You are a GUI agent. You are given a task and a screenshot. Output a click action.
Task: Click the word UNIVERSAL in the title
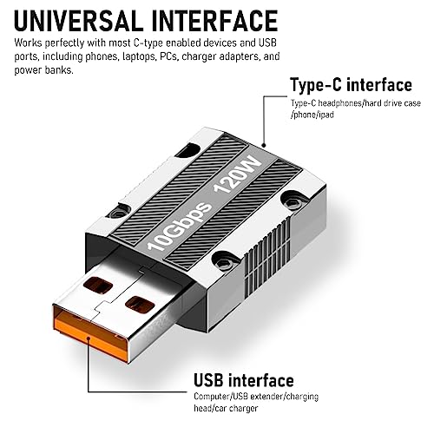(x=78, y=21)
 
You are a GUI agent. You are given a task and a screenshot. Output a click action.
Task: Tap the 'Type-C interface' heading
(x=351, y=85)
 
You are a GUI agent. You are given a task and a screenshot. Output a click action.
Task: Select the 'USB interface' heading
(x=244, y=380)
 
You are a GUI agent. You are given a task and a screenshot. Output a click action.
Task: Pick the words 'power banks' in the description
(x=43, y=70)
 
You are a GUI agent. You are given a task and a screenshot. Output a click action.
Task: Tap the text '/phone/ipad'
(x=312, y=115)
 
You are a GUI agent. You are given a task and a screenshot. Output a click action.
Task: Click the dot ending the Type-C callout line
(x=264, y=145)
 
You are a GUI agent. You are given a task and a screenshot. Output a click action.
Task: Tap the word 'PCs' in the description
(x=168, y=56)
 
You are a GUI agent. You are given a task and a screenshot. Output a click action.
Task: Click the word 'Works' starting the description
(x=28, y=43)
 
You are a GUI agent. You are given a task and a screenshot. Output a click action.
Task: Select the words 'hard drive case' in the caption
(x=393, y=103)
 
